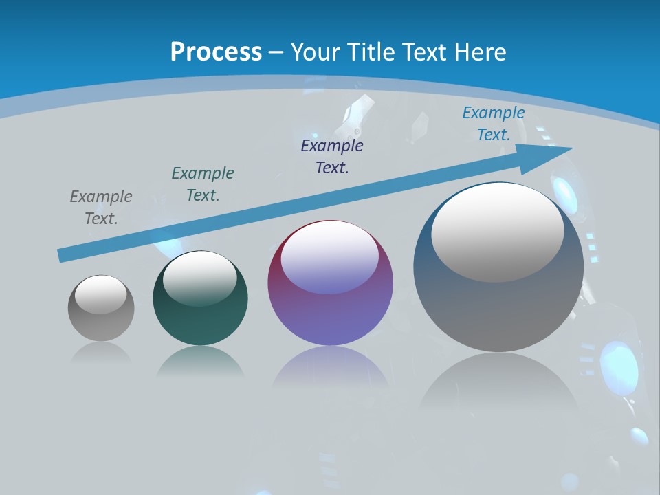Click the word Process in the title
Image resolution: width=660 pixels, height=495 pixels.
tap(216, 52)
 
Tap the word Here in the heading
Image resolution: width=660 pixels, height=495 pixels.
tap(480, 52)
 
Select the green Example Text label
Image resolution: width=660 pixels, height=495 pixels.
tap(203, 184)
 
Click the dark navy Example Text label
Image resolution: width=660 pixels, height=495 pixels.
tap(332, 157)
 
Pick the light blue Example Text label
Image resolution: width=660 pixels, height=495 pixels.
tap(494, 124)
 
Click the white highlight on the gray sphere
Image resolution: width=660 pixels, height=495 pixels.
tap(101, 294)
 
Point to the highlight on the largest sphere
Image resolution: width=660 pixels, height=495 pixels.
tap(498, 232)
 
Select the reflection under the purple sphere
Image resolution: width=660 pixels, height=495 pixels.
tap(330, 368)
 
